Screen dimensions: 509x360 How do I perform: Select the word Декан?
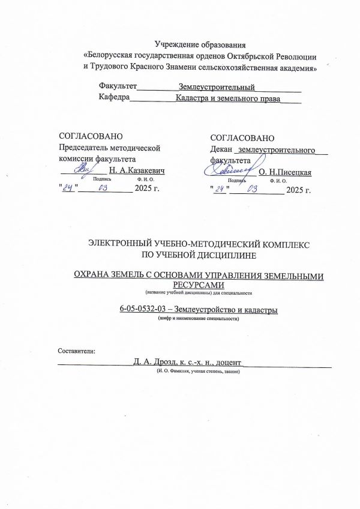point(222,148)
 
